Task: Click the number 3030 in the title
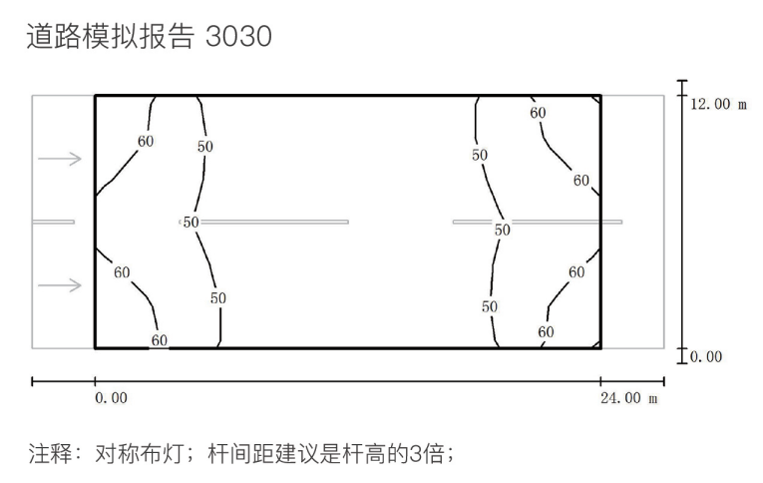pos(238,37)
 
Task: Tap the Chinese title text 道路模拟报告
pos(111,37)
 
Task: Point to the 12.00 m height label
pos(718,104)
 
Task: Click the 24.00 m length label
pos(628,398)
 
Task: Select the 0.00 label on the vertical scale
pos(706,356)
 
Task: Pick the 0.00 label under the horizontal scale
pos(111,398)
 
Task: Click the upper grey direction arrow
pos(60,159)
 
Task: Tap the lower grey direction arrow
pos(60,284)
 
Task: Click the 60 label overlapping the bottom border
pos(160,340)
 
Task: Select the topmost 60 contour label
pos(538,113)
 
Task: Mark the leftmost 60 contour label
pos(122,272)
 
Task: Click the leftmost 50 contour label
pos(191,222)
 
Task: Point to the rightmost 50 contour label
pos(502,230)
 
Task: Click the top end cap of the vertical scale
pos(682,81)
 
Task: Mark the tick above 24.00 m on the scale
pos(600,381)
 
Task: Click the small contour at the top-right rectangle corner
pos(596,100)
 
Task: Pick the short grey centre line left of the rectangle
pos(53,222)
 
